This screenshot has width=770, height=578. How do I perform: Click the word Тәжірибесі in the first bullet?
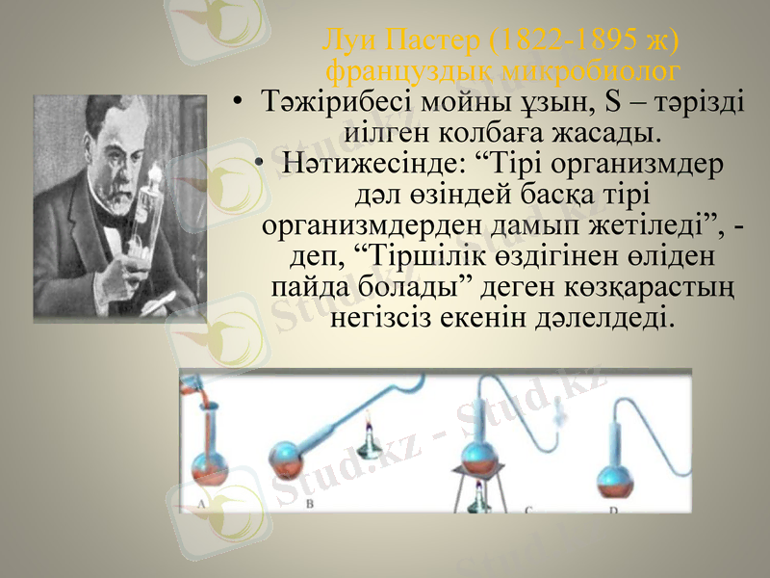[330, 102]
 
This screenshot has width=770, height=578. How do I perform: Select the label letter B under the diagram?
[309, 502]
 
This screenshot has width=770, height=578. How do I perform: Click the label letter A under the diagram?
[201, 502]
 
